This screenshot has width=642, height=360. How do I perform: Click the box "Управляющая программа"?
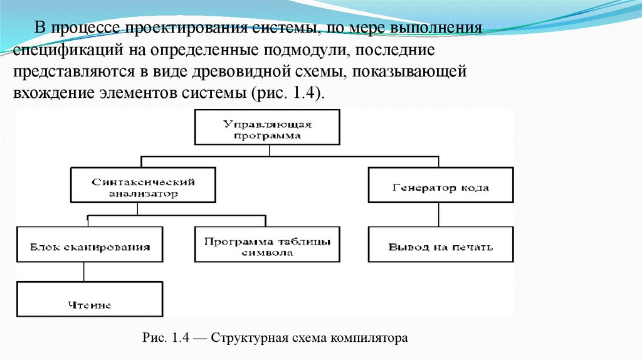[268, 129]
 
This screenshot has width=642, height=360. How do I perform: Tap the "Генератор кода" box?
[440, 187]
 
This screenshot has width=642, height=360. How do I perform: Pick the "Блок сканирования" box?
[90, 246]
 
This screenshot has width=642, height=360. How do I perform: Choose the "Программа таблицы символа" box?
[268, 246]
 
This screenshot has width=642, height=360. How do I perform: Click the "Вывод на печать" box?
[440, 246]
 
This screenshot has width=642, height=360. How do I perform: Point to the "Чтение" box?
[90, 304]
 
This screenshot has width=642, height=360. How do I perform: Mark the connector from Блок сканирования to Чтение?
[84, 273]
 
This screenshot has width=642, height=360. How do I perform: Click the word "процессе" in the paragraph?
[86, 29]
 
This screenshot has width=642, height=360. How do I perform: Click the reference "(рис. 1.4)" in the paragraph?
[288, 92]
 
